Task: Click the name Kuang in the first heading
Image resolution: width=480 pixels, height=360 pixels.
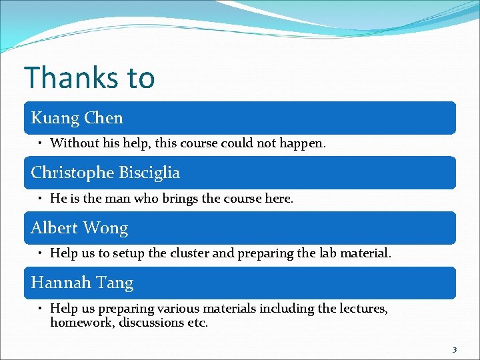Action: (x=53, y=118)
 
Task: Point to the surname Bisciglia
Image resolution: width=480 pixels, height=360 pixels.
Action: (x=149, y=173)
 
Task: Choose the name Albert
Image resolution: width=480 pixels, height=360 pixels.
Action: (x=53, y=228)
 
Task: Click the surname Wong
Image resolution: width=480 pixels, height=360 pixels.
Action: (x=105, y=228)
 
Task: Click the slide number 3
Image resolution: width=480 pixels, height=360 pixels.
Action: (x=455, y=349)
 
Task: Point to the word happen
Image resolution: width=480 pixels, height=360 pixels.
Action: (x=304, y=143)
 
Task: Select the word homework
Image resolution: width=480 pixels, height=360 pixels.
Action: (x=81, y=323)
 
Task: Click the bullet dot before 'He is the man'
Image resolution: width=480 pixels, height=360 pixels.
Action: (x=41, y=198)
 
